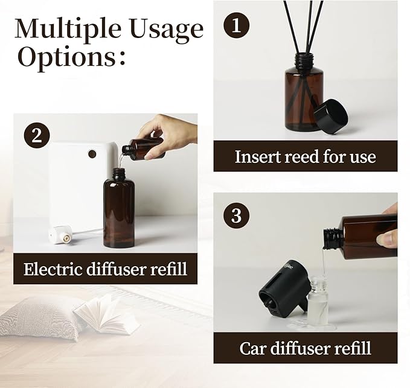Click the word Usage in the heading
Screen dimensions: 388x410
(x=165, y=29)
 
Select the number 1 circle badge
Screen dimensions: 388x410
(x=237, y=25)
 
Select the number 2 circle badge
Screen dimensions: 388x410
(x=37, y=135)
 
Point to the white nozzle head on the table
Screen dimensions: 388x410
(x=60, y=234)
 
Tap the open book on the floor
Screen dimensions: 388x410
(x=106, y=314)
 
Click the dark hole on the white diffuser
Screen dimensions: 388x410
(x=92, y=154)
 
